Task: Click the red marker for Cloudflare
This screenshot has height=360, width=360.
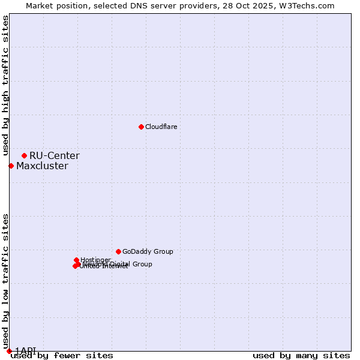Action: (x=141, y=127)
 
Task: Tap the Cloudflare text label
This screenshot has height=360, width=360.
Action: (x=161, y=127)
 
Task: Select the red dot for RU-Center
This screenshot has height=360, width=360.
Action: (x=24, y=155)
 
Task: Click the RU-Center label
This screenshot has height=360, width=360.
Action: (x=55, y=156)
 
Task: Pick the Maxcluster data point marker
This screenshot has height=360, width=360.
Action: (x=11, y=166)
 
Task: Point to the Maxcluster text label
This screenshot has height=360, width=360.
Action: (x=42, y=166)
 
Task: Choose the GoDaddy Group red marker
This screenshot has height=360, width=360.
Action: (x=118, y=251)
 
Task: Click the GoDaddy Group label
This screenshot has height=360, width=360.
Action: (x=148, y=252)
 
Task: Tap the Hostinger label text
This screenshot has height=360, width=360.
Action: (x=95, y=260)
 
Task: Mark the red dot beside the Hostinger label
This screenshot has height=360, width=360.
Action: (x=76, y=260)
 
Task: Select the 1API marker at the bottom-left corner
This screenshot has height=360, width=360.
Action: (x=9, y=351)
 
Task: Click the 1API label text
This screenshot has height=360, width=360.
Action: (x=26, y=350)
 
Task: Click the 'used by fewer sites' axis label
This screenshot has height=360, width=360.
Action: (x=62, y=356)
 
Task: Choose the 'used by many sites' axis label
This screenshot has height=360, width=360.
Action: (x=301, y=356)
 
